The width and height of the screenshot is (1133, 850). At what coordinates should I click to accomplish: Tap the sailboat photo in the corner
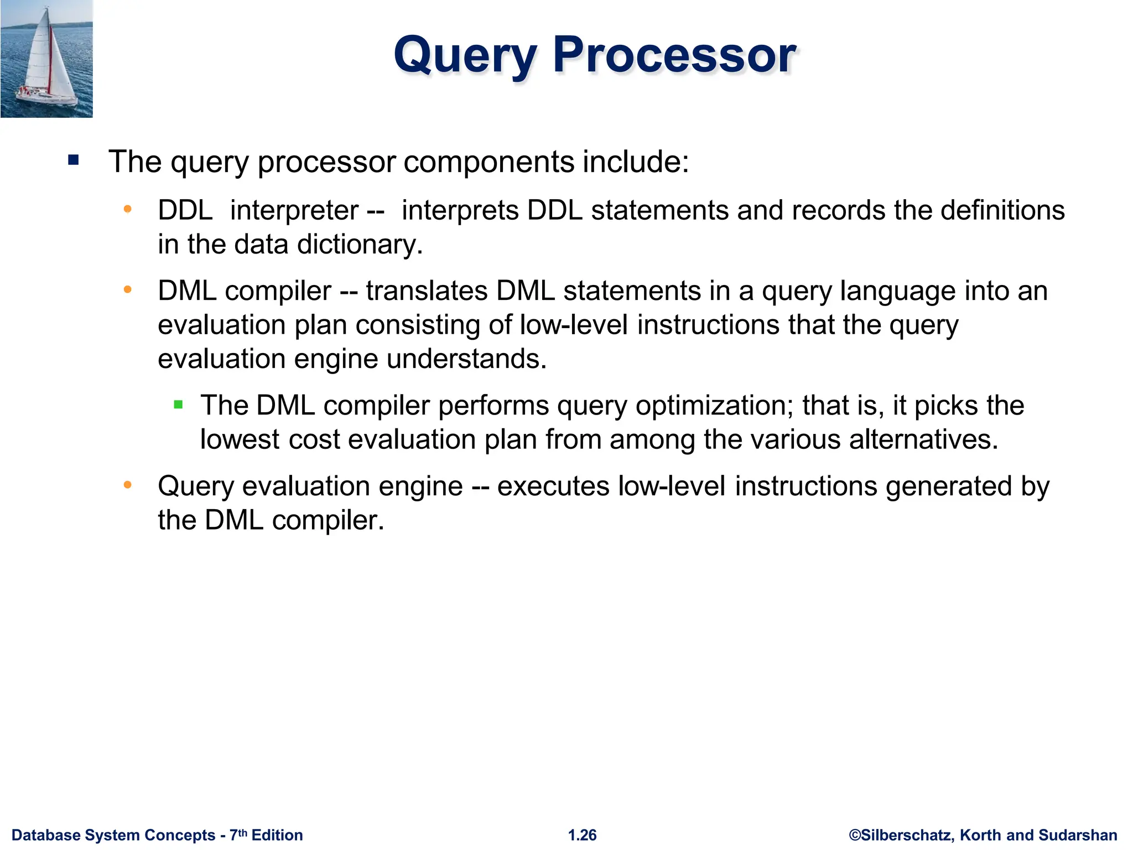point(46,59)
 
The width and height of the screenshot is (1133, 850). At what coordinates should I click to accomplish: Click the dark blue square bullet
point(74,161)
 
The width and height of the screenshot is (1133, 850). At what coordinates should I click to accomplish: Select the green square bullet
point(178,405)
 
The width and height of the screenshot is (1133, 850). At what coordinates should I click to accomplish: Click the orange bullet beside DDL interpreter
point(128,209)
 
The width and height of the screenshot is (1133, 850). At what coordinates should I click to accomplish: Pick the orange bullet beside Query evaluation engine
point(128,485)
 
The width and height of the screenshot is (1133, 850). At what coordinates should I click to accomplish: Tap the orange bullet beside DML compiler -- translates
point(128,289)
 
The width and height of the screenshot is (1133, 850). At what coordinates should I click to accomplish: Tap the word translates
point(427,291)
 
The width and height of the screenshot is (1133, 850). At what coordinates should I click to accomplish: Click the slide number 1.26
point(582,835)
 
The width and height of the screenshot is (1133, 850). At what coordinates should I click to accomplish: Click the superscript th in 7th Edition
point(243,832)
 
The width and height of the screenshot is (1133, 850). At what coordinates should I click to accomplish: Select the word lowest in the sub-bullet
point(240,439)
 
